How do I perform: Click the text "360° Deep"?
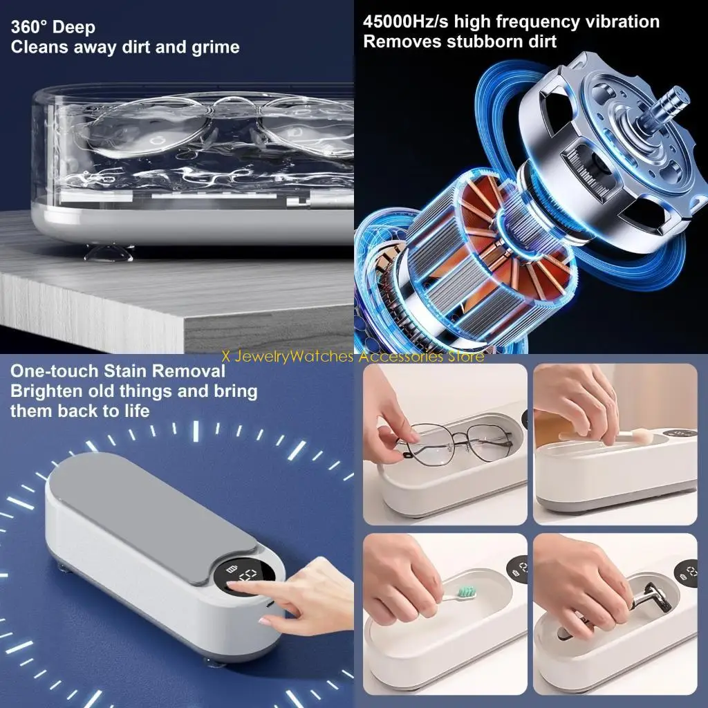pos(53,28)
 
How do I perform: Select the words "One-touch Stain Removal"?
pos(118,371)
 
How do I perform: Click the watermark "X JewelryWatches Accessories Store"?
pos(353,357)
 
